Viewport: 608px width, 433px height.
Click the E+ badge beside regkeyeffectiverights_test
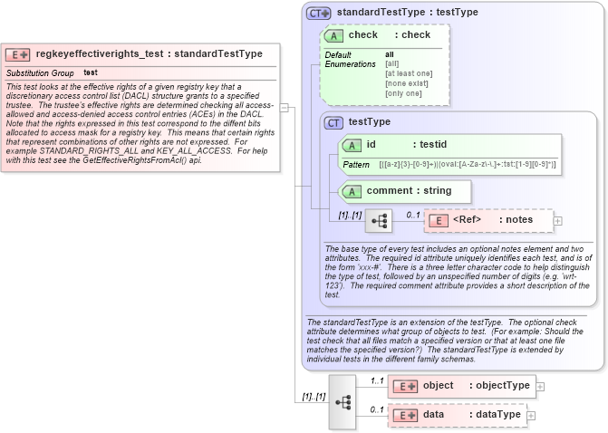click(19, 54)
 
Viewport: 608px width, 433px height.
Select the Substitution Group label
click(40, 72)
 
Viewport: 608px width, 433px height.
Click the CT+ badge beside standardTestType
click(318, 13)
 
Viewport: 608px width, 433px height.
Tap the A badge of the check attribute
click(333, 35)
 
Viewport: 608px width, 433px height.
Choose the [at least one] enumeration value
click(408, 73)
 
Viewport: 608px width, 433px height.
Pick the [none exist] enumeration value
click(405, 83)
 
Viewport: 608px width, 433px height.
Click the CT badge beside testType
click(333, 122)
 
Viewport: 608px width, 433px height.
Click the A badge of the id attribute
click(351, 145)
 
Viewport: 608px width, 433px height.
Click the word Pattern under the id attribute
click(355, 165)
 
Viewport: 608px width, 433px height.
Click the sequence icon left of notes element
click(378, 220)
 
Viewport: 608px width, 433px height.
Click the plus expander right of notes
click(557, 220)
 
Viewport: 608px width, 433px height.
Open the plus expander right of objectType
click(540, 386)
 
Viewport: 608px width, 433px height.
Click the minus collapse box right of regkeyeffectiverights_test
click(284, 107)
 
